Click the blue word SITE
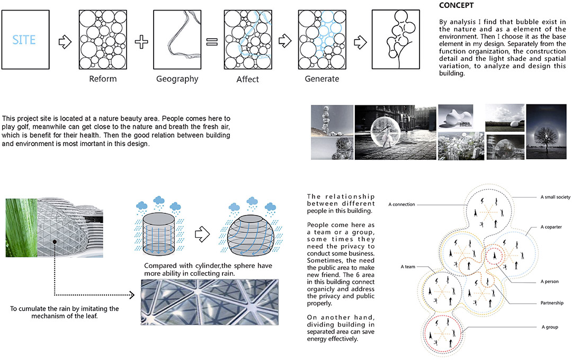point(24,39)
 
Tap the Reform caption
point(103,79)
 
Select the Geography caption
point(177,79)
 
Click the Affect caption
point(248,79)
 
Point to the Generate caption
point(322,79)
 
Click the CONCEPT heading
point(457,5)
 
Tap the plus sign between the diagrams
point(141,42)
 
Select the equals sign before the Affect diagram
point(212,42)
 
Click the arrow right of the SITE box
point(65,42)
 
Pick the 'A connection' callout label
point(401,204)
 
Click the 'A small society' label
point(555,197)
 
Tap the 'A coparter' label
point(551,227)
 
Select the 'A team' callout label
point(408,267)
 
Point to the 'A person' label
point(549,281)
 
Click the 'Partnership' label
point(552,303)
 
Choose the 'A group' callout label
point(550,327)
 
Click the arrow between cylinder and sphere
point(202,234)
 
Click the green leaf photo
point(22,228)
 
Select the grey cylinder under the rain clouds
point(158,233)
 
